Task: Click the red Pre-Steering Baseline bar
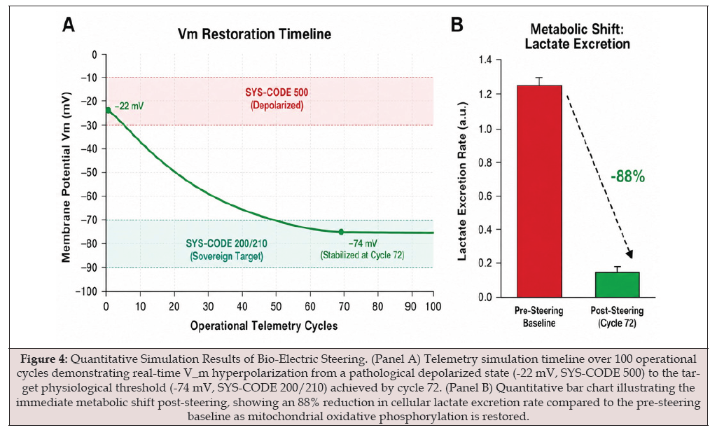click(x=540, y=191)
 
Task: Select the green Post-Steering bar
click(x=618, y=284)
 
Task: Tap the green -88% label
click(x=627, y=176)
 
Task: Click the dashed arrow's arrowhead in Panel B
click(x=630, y=254)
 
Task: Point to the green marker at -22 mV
click(x=109, y=110)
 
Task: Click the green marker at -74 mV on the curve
click(x=341, y=232)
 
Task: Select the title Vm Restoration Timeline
click(x=254, y=34)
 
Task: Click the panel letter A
click(x=69, y=25)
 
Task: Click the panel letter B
click(x=457, y=25)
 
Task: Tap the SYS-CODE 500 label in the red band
click(x=277, y=92)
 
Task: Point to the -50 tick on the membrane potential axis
click(x=90, y=172)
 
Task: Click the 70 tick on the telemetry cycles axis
click(x=344, y=307)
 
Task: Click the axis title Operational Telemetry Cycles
click(x=264, y=326)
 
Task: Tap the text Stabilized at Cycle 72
click(x=363, y=255)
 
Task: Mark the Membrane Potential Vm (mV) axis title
click(x=67, y=177)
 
